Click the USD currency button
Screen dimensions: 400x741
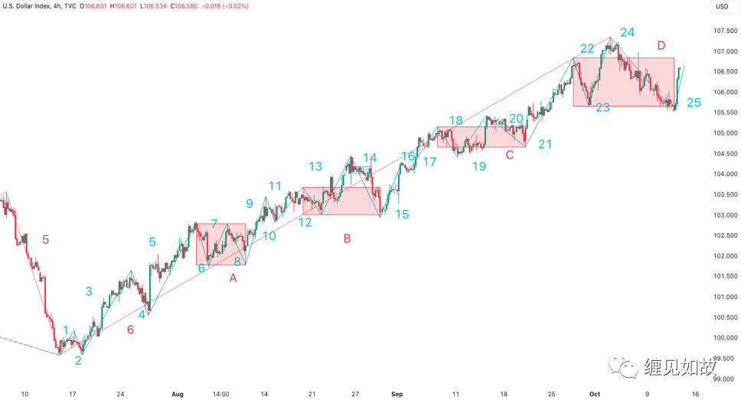pyautogui.click(x=721, y=7)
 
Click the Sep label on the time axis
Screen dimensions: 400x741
pyautogui.click(x=397, y=394)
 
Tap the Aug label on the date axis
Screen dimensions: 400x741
pyautogui.click(x=178, y=394)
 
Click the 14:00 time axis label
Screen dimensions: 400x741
pyautogui.click(x=220, y=394)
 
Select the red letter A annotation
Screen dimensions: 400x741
pyautogui.click(x=233, y=278)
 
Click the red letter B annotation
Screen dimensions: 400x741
pyautogui.click(x=347, y=239)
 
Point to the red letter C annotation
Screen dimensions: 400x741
pyautogui.click(x=509, y=156)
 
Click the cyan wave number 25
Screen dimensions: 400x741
pyautogui.click(x=694, y=103)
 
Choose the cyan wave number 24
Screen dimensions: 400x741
pyautogui.click(x=628, y=32)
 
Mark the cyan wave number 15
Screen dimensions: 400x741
pyautogui.click(x=402, y=215)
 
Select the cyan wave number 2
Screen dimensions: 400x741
pyautogui.click(x=78, y=360)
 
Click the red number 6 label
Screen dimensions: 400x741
pyautogui.click(x=130, y=330)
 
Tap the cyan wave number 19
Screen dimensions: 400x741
pyautogui.click(x=478, y=166)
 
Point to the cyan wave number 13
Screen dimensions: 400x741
pyautogui.click(x=315, y=166)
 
